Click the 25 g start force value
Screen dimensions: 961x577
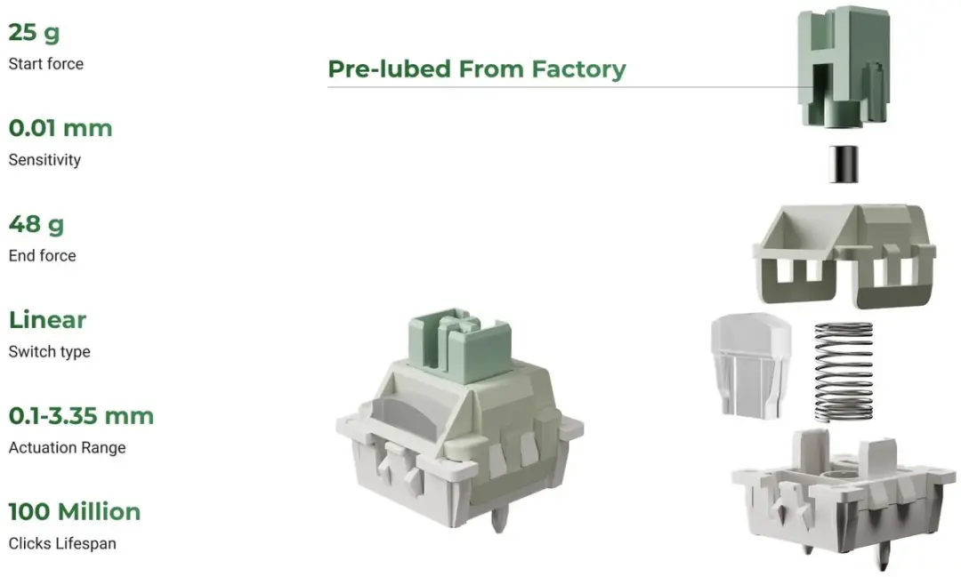click(x=35, y=33)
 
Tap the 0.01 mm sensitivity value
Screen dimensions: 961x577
click(x=61, y=128)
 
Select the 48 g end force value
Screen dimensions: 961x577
click(x=36, y=225)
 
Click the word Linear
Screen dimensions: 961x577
click(x=48, y=320)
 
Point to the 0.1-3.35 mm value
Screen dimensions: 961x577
click(x=81, y=416)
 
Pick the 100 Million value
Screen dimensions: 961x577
click(x=75, y=511)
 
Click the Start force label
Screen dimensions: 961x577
click(x=46, y=64)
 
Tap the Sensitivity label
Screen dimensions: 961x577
click(x=44, y=160)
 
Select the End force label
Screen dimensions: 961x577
click(x=43, y=255)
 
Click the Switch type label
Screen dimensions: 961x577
click(x=50, y=351)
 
